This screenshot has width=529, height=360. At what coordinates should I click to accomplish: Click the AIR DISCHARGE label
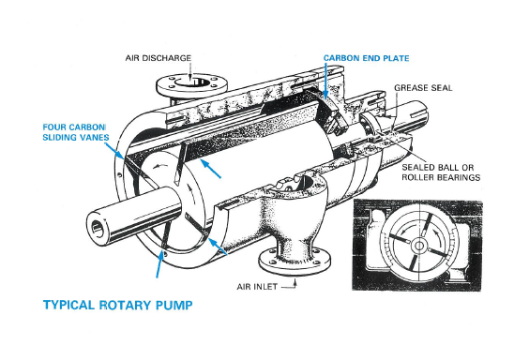pyautogui.click(x=159, y=58)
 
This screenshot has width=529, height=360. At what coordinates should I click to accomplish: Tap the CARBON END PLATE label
pyautogui.click(x=367, y=58)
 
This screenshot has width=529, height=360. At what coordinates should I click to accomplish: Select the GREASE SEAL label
pyautogui.click(x=423, y=88)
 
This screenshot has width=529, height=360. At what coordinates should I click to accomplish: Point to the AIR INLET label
pyautogui.click(x=257, y=287)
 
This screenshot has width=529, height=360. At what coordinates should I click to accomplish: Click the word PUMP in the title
pyautogui.click(x=174, y=305)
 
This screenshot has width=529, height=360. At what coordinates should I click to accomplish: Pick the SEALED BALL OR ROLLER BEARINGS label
pyautogui.click(x=441, y=172)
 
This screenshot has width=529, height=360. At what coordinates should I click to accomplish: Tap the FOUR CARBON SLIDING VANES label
pyautogui.click(x=76, y=132)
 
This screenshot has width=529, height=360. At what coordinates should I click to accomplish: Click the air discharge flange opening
pyautogui.click(x=191, y=82)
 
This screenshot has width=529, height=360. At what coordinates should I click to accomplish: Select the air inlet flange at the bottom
pyautogui.click(x=295, y=262)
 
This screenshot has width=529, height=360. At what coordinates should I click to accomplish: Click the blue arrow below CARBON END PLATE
pyautogui.click(x=325, y=81)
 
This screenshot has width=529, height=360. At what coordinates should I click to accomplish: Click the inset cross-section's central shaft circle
pyautogui.click(x=419, y=246)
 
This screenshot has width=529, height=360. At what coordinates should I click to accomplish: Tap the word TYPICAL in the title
pyautogui.click(x=69, y=305)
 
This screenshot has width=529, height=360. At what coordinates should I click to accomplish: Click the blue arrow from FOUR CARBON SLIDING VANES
pyautogui.click(x=114, y=150)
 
